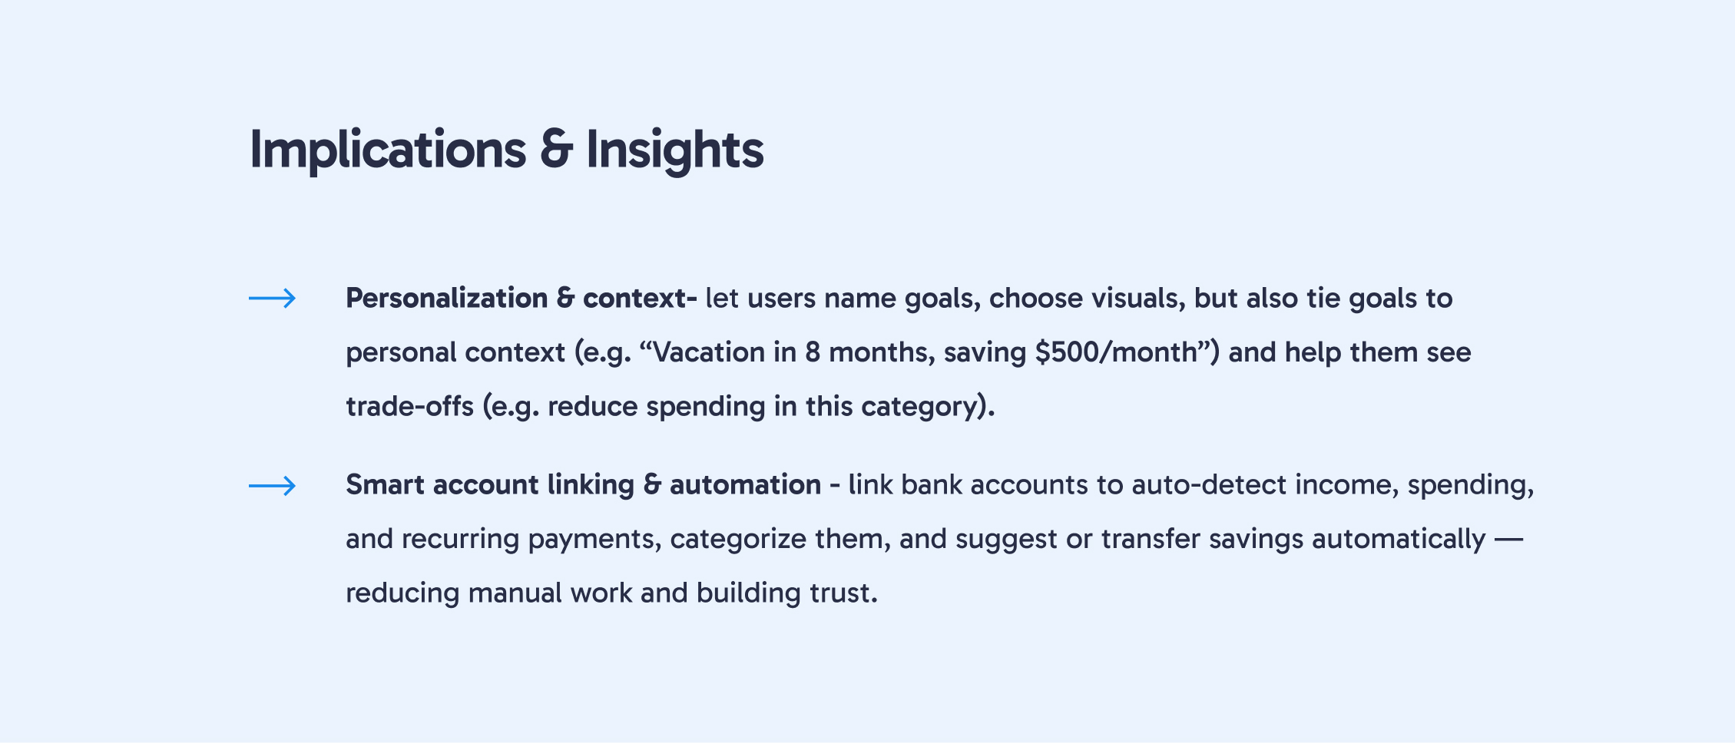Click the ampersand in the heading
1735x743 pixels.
tap(556, 150)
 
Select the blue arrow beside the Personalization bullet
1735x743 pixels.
tap(273, 298)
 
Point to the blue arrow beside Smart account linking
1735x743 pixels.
tap(273, 485)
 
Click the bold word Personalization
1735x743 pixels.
tap(447, 299)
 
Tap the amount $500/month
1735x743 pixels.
tap(1115, 352)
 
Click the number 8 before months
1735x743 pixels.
tap(813, 352)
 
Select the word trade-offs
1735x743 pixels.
tap(409, 406)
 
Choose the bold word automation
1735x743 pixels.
tap(745, 485)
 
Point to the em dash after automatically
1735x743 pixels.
tap(1508, 540)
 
